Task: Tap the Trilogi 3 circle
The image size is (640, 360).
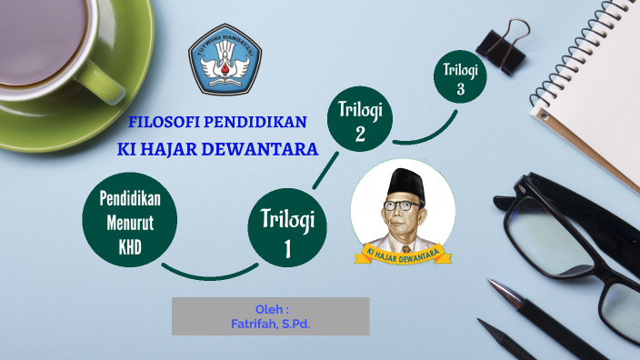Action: (x=460, y=77)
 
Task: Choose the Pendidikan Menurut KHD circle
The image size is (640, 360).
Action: (x=129, y=222)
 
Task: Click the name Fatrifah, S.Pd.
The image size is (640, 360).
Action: (x=271, y=323)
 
